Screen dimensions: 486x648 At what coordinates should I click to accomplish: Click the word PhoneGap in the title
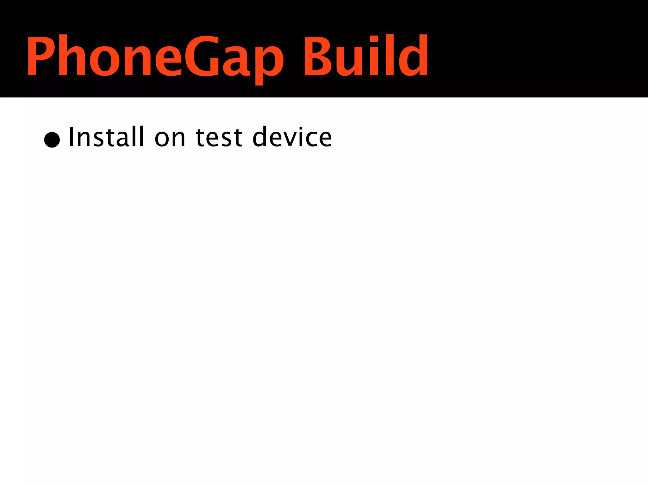click(155, 57)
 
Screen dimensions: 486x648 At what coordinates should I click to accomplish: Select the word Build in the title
click(365, 56)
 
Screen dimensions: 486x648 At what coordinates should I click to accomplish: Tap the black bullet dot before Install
click(52, 140)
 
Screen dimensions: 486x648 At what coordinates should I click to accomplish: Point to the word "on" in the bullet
click(170, 138)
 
